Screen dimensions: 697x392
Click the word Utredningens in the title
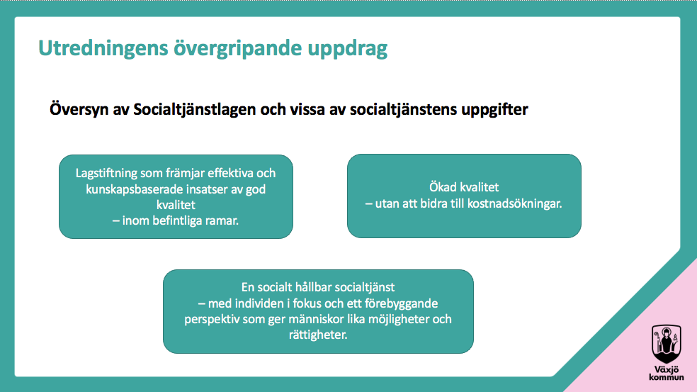click(x=103, y=49)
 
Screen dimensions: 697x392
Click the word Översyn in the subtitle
click(x=79, y=109)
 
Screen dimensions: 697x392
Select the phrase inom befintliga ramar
click(x=180, y=220)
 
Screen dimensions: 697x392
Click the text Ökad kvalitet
click(x=464, y=187)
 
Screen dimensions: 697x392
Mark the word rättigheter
click(x=318, y=335)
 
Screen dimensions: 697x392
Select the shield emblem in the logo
click(x=667, y=344)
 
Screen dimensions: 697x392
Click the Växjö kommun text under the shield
click(x=667, y=374)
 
